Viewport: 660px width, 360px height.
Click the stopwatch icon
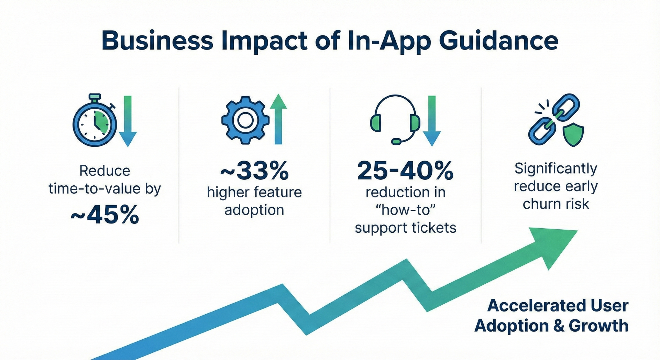[x=95, y=122]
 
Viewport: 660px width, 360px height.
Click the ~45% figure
[x=105, y=215]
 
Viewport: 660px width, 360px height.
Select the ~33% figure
[x=254, y=171]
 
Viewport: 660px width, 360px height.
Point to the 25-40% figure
[x=405, y=171]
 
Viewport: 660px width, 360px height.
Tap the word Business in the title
[x=157, y=41]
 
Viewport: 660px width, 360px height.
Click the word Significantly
[x=556, y=168]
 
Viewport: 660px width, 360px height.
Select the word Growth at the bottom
[x=598, y=326]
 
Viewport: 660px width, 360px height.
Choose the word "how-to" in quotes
[x=405, y=210]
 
